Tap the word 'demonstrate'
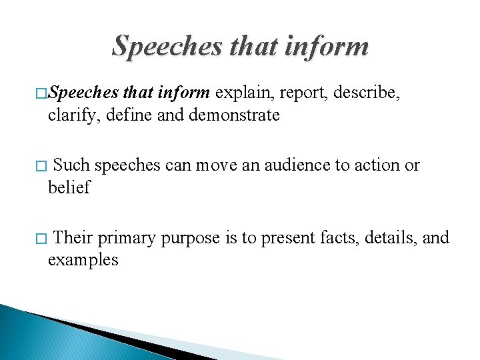coord(234,115)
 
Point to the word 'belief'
coord(69,187)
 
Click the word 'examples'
coord(83,260)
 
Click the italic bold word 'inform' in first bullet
coord(185,93)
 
